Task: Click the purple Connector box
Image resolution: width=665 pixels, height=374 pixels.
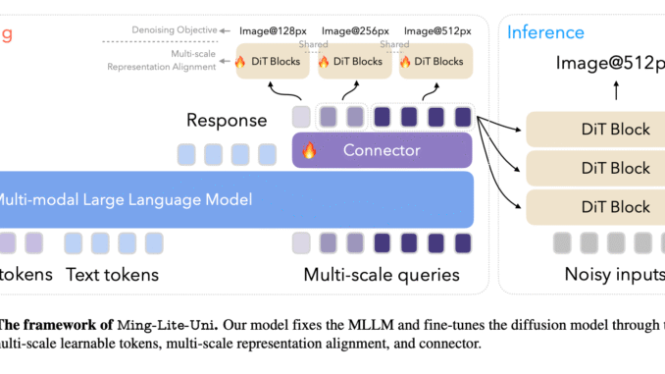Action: (383, 151)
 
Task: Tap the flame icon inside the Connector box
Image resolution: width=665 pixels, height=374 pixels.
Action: (309, 151)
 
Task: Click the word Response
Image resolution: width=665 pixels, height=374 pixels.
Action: (228, 121)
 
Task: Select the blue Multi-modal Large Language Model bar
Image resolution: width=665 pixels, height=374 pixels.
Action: (235, 199)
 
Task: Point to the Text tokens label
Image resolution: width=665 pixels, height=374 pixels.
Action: (112, 274)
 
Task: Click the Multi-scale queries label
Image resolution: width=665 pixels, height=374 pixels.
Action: (383, 274)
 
